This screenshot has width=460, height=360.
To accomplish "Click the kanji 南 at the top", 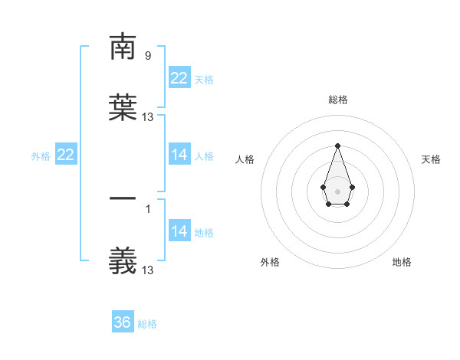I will click(x=123, y=47).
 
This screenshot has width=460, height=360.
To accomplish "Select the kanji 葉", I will click(x=123, y=107).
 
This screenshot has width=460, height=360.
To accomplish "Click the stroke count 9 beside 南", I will click(x=147, y=55).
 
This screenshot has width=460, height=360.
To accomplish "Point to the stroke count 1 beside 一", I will click(x=147, y=208).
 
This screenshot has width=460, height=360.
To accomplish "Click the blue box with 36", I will click(x=123, y=322).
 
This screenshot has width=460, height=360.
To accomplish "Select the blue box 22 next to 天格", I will click(x=179, y=78).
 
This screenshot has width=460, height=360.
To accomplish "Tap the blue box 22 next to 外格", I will click(x=66, y=155).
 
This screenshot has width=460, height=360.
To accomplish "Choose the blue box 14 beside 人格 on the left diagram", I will click(x=179, y=155).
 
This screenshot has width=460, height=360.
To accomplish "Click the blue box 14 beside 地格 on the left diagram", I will click(x=179, y=231).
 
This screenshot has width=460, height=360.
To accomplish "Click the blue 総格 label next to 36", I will click(x=147, y=324).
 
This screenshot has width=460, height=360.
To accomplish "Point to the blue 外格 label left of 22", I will click(x=41, y=155).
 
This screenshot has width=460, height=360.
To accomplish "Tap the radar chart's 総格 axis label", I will click(x=337, y=100).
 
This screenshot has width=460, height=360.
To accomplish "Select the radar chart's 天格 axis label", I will click(x=431, y=159).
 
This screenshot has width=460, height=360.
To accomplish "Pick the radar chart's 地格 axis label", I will click(x=402, y=262).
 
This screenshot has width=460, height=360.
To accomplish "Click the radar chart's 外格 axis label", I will click(x=270, y=262).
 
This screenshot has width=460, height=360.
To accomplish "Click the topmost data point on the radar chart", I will click(x=337, y=146).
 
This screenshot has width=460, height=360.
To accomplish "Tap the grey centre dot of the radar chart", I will click(x=337, y=190).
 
